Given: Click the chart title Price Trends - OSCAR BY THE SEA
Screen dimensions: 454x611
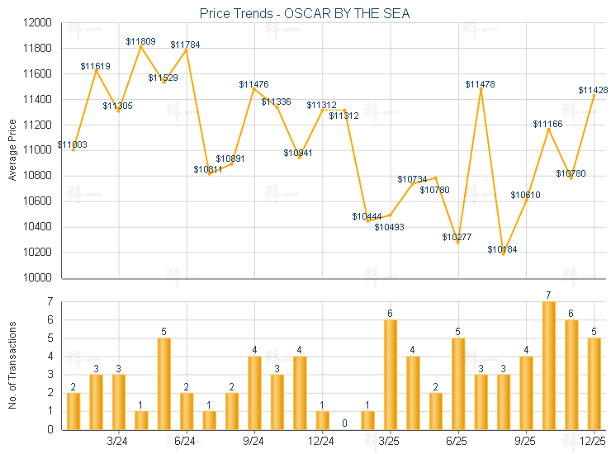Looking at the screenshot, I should [305, 13].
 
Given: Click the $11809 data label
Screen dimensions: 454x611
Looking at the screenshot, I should [140, 40].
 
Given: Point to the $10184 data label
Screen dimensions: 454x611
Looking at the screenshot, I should [502, 249].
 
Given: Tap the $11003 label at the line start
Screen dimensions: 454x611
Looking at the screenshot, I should [73, 144].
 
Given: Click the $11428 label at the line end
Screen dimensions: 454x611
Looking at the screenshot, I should [593, 90].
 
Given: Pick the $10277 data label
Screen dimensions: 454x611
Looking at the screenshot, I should [457, 237].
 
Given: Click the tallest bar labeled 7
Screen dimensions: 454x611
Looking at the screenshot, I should [548, 365].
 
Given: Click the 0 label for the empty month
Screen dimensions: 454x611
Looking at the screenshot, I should [344, 423].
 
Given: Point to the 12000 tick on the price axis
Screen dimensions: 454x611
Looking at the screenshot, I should [40, 22].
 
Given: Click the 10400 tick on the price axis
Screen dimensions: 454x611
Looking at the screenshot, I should [40, 227].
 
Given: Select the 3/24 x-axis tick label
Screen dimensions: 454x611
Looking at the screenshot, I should [118, 441].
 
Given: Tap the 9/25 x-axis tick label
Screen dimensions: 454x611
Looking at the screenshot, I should [525, 441].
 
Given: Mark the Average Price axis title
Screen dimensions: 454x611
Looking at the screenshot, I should [12, 150].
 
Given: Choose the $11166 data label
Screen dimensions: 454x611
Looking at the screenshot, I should [547, 124].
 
